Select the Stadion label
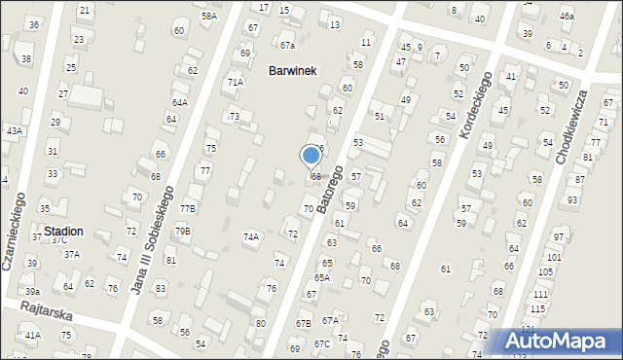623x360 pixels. coord(62,232)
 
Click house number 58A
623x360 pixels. coord(208,17)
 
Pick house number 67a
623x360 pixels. coord(287,46)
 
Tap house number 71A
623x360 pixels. coord(236,83)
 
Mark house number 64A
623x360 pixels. coord(180,102)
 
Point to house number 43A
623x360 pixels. coord(14,130)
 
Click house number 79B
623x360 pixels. coord(183,232)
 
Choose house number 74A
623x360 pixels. coord(251,236)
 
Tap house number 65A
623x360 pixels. coord(322,277)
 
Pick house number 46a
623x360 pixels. coord(567,17)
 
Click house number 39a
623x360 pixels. coord(33,291)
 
